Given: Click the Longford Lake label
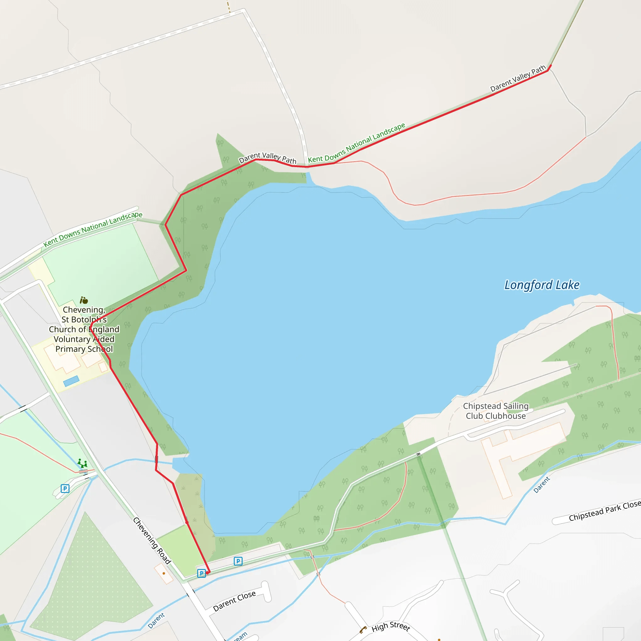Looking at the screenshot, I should (542, 285).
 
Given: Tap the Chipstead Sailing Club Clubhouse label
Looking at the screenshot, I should (496, 411).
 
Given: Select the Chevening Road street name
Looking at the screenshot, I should (152, 541).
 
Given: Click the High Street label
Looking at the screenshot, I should (391, 626).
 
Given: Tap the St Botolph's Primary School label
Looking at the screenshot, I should (84, 329).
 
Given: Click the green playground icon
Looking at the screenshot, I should (82, 463).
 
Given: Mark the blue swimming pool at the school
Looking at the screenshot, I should (71, 381).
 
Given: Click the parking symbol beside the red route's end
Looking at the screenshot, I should (201, 573).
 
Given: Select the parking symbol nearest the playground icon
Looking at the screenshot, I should (65, 488).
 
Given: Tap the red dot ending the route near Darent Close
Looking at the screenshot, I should (208, 573).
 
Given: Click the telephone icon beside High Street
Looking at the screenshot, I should (363, 629).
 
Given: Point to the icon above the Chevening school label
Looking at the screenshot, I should (84, 300).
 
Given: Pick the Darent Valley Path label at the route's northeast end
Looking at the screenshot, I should (518, 78).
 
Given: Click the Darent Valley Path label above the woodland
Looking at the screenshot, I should (267, 158).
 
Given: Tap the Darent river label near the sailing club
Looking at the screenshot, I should (541, 485).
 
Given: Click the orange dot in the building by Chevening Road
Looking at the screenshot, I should (164, 573).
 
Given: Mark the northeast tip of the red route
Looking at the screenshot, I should (551, 66).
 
